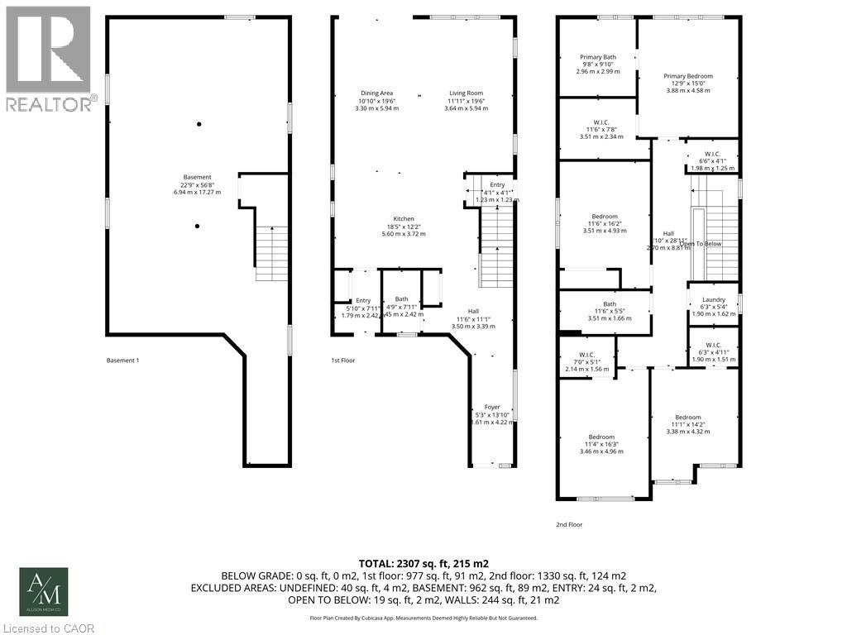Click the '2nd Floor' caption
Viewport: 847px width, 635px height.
pyautogui.click(x=569, y=524)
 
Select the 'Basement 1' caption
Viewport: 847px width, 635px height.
pyautogui.click(x=123, y=360)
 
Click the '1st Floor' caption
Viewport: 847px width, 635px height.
pyautogui.click(x=342, y=360)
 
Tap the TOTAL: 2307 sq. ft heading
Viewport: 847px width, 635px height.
pyautogui.click(x=423, y=562)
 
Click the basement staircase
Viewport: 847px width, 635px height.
pyautogui.click(x=270, y=253)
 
